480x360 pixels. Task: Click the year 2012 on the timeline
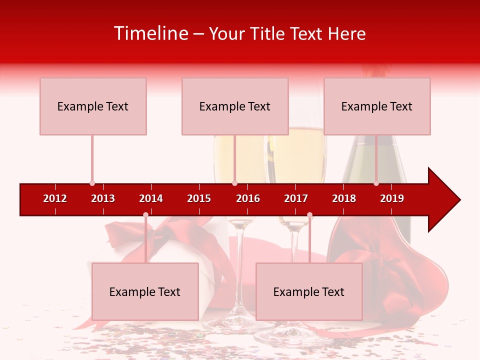(x=55, y=198)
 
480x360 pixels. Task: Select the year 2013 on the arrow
(x=103, y=198)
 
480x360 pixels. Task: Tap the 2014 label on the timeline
(x=151, y=198)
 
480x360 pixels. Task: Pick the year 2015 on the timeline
(x=199, y=198)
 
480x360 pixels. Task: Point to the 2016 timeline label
(x=248, y=198)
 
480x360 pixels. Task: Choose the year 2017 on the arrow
(x=296, y=198)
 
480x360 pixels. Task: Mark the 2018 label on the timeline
(x=344, y=198)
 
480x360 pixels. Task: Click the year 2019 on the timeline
(x=392, y=198)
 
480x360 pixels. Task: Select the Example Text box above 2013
(x=93, y=106)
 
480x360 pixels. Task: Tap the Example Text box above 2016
(x=235, y=106)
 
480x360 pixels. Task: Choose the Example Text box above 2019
(x=377, y=106)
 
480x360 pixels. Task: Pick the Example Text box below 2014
(x=145, y=291)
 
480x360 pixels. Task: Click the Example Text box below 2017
(x=309, y=291)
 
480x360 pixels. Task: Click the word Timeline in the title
(x=150, y=33)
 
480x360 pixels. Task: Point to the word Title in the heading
(x=269, y=33)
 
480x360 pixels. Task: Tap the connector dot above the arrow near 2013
(x=92, y=183)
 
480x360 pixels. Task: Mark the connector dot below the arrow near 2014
(x=145, y=214)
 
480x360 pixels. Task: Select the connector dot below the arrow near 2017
(x=309, y=214)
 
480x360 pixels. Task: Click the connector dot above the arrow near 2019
(x=376, y=183)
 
